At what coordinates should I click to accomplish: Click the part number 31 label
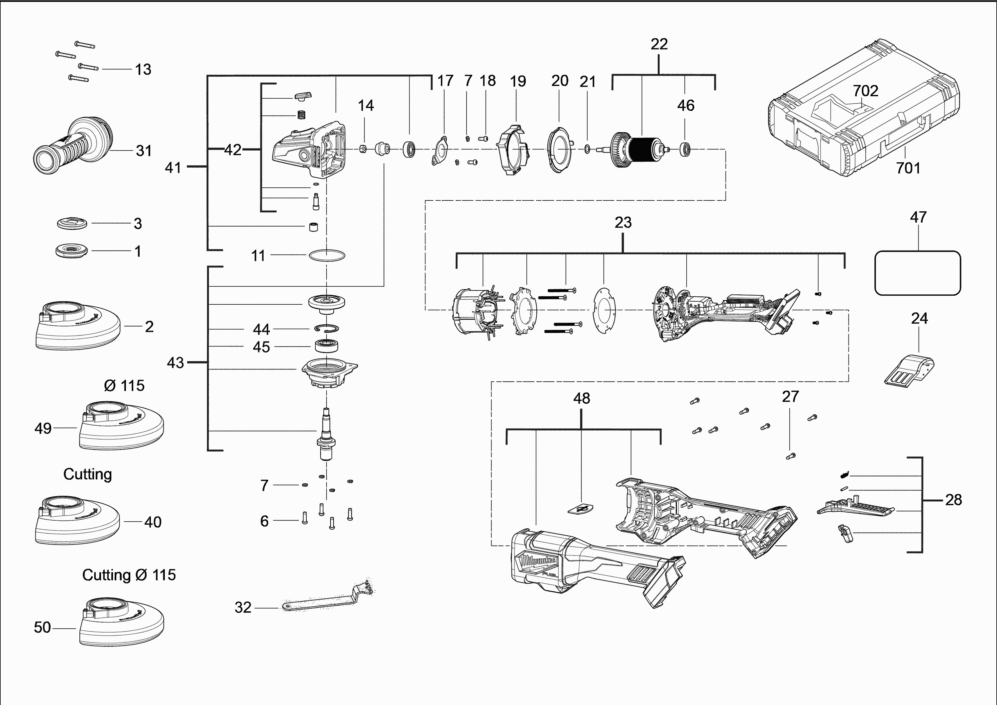pyautogui.click(x=144, y=151)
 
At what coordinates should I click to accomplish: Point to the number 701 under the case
pyautogui.click(x=908, y=168)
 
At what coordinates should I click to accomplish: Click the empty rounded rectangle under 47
pyautogui.click(x=917, y=273)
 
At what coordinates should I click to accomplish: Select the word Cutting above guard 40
pyautogui.click(x=88, y=474)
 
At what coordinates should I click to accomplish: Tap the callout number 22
pyautogui.click(x=659, y=44)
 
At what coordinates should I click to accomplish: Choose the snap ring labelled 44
pyautogui.click(x=327, y=329)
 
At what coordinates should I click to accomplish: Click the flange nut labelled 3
pyautogui.click(x=72, y=224)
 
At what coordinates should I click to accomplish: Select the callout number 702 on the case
pyautogui.click(x=865, y=91)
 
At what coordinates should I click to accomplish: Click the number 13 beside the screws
pyautogui.click(x=143, y=69)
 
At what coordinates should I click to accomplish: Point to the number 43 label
pyautogui.click(x=175, y=363)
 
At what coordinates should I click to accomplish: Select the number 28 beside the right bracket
pyautogui.click(x=953, y=500)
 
